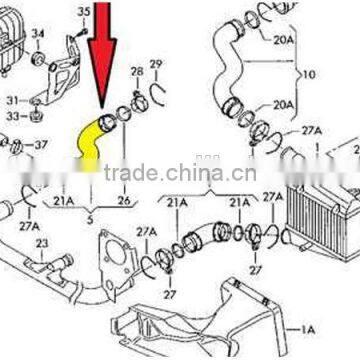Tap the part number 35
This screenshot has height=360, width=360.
(84, 11)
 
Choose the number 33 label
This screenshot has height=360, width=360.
(14, 116)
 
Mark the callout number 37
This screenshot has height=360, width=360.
(42, 144)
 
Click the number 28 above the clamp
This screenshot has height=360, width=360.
(138, 71)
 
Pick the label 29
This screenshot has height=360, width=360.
(156, 65)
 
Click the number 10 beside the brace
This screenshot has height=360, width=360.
(308, 74)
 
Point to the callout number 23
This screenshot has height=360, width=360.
(41, 242)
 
